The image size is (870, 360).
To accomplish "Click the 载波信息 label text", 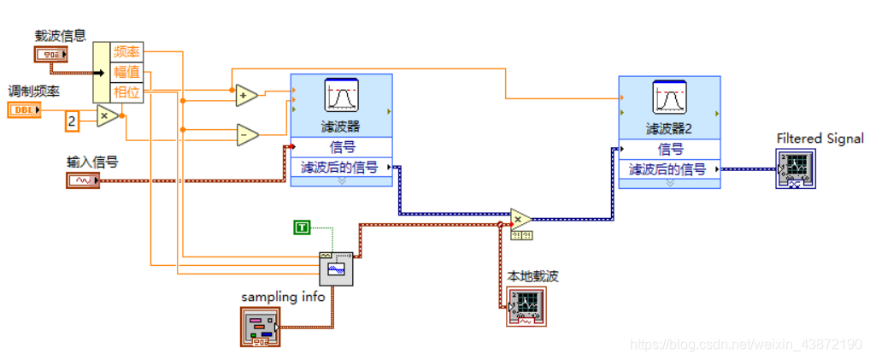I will [60, 35].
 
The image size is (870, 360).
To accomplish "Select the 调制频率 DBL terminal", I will [25, 109].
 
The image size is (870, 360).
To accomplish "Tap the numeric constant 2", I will [73, 121].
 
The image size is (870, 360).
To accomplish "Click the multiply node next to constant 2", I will [106, 115].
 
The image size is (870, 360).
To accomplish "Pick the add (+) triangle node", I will [246, 95].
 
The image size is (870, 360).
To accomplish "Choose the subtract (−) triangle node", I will [246, 134].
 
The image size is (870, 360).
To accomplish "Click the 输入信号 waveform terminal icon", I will [83, 180].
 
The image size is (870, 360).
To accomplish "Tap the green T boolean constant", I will [302, 227].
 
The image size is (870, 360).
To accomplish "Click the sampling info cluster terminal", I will [260, 328].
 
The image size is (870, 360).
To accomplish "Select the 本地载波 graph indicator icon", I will [526, 306].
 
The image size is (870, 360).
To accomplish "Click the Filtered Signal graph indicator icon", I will [796, 168].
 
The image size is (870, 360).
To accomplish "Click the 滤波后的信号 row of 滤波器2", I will [668, 168].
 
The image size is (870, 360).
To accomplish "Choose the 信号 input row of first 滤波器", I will [341, 146].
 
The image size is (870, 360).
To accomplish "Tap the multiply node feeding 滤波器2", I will [520, 219].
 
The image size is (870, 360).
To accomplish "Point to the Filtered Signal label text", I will [820, 139].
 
